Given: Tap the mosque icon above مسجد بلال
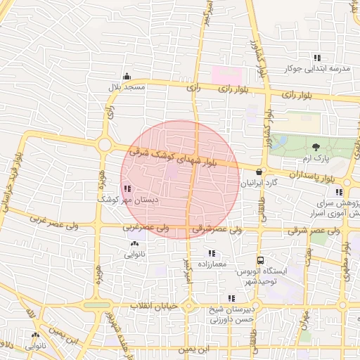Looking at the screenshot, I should coord(127,76).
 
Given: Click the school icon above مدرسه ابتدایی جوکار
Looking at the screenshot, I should coord(317,58).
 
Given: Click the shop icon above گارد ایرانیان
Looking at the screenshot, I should coord(259,171).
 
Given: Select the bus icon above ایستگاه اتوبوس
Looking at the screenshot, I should coord(260,259).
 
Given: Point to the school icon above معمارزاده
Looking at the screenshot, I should coord(211,253).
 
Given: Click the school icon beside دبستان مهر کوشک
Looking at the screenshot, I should coord(127,188).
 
